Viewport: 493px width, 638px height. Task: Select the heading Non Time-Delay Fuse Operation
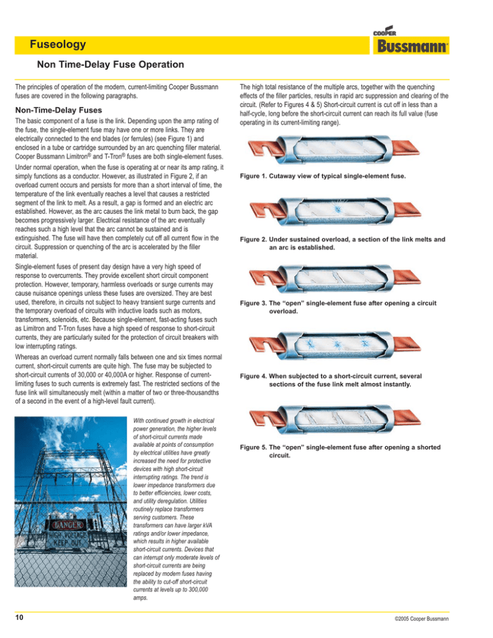[111, 65]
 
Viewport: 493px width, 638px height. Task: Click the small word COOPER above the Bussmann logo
[384, 33]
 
